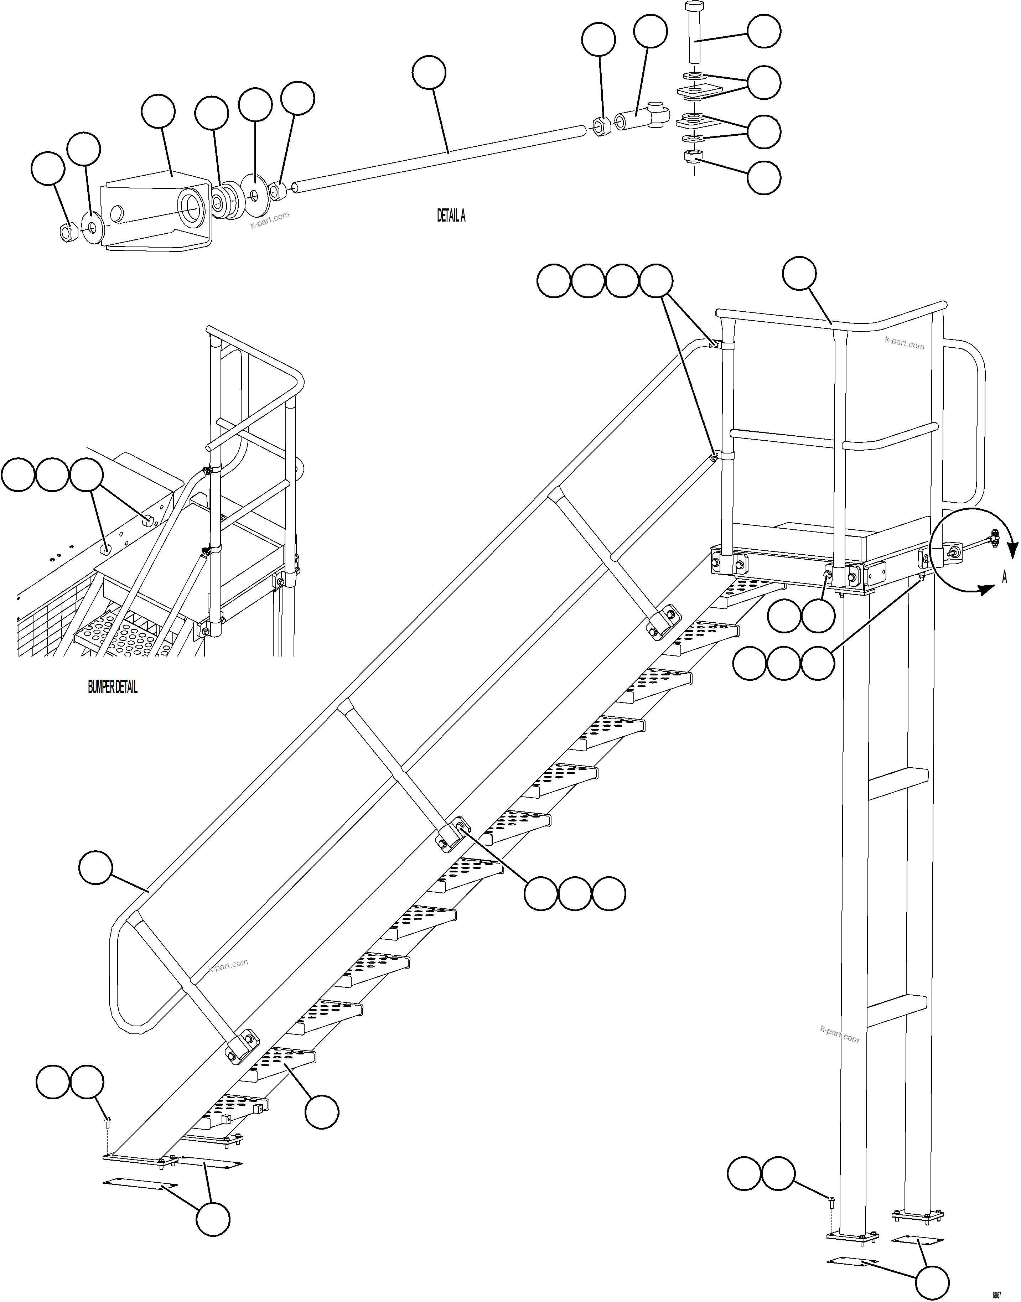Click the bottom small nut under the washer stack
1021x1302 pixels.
(693, 157)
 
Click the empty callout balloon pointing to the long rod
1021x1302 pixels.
(429, 73)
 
